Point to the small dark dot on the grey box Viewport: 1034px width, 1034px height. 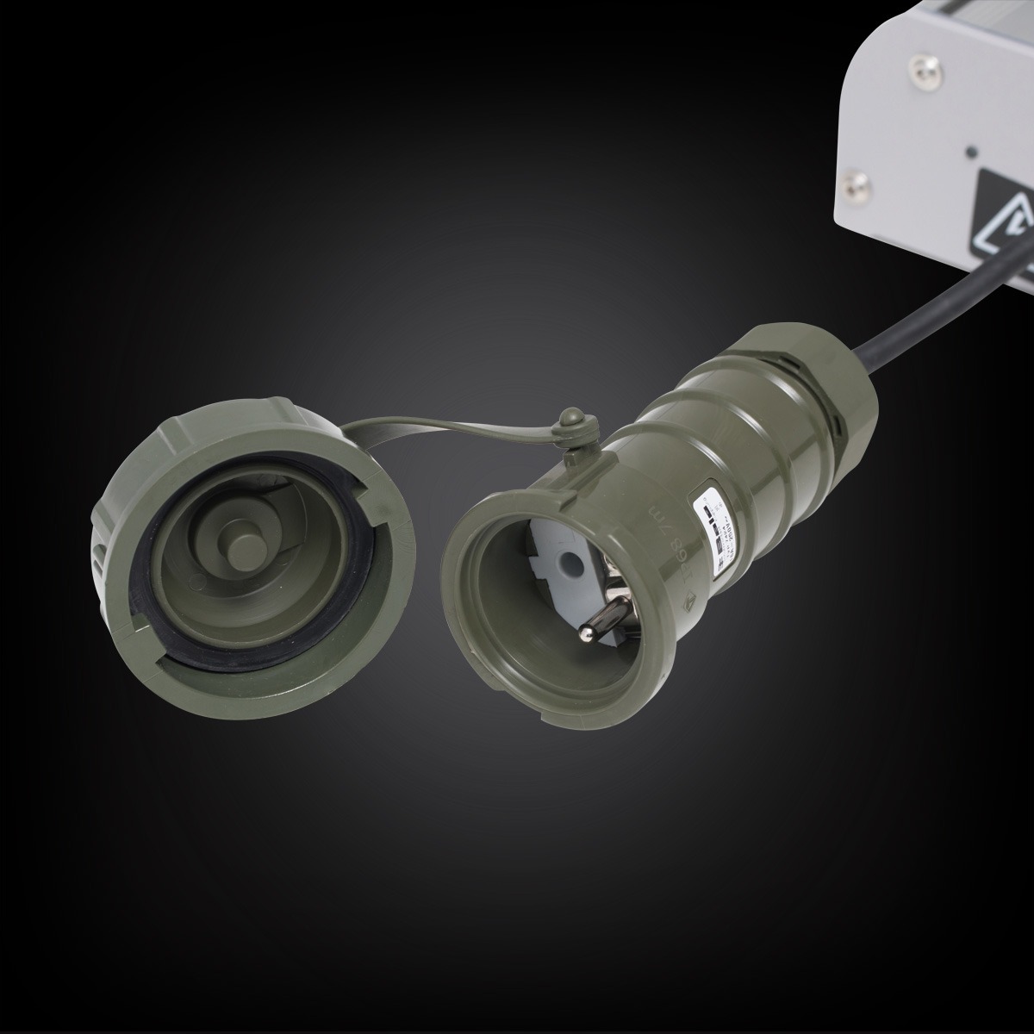[970, 151]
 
